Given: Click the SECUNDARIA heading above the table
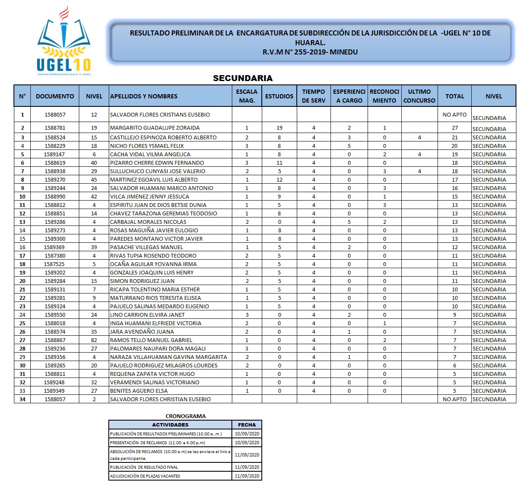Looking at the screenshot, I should [242, 78].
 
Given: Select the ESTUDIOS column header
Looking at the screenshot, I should [279, 96].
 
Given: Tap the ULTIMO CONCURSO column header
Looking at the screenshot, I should [419, 96].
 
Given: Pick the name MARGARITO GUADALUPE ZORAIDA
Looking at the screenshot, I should [155, 128].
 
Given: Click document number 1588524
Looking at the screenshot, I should [55, 137].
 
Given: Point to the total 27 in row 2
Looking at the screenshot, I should [454, 128].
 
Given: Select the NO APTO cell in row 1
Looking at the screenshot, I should [454, 114].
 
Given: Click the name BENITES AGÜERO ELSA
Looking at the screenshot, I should [139, 391].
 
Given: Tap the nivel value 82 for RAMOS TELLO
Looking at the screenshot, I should [94, 340].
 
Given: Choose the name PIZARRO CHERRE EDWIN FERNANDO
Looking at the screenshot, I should [157, 163].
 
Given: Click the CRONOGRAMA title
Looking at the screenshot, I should [185, 416].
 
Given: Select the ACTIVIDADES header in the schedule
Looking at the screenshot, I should [170, 425].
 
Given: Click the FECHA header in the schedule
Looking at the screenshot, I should [247, 425].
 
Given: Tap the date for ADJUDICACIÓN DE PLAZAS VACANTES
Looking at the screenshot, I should [247, 476].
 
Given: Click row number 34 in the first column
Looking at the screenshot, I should [22, 399].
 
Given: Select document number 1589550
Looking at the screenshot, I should [55, 315].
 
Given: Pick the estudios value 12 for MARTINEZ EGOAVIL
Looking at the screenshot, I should [279, 179].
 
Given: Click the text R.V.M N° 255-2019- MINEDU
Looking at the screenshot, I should [310, 52].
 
